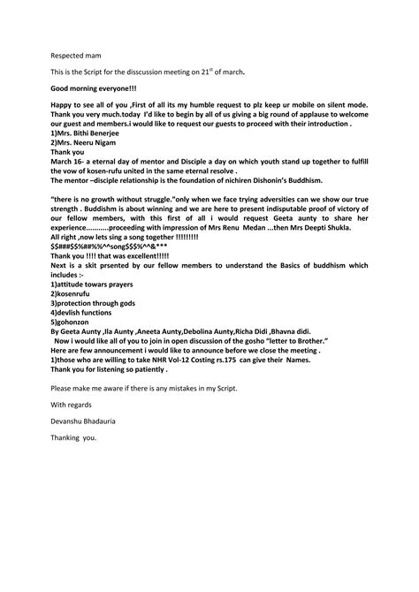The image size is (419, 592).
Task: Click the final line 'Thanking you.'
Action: click(74, 438)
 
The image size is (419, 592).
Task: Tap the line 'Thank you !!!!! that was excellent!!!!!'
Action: click(109, 255)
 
